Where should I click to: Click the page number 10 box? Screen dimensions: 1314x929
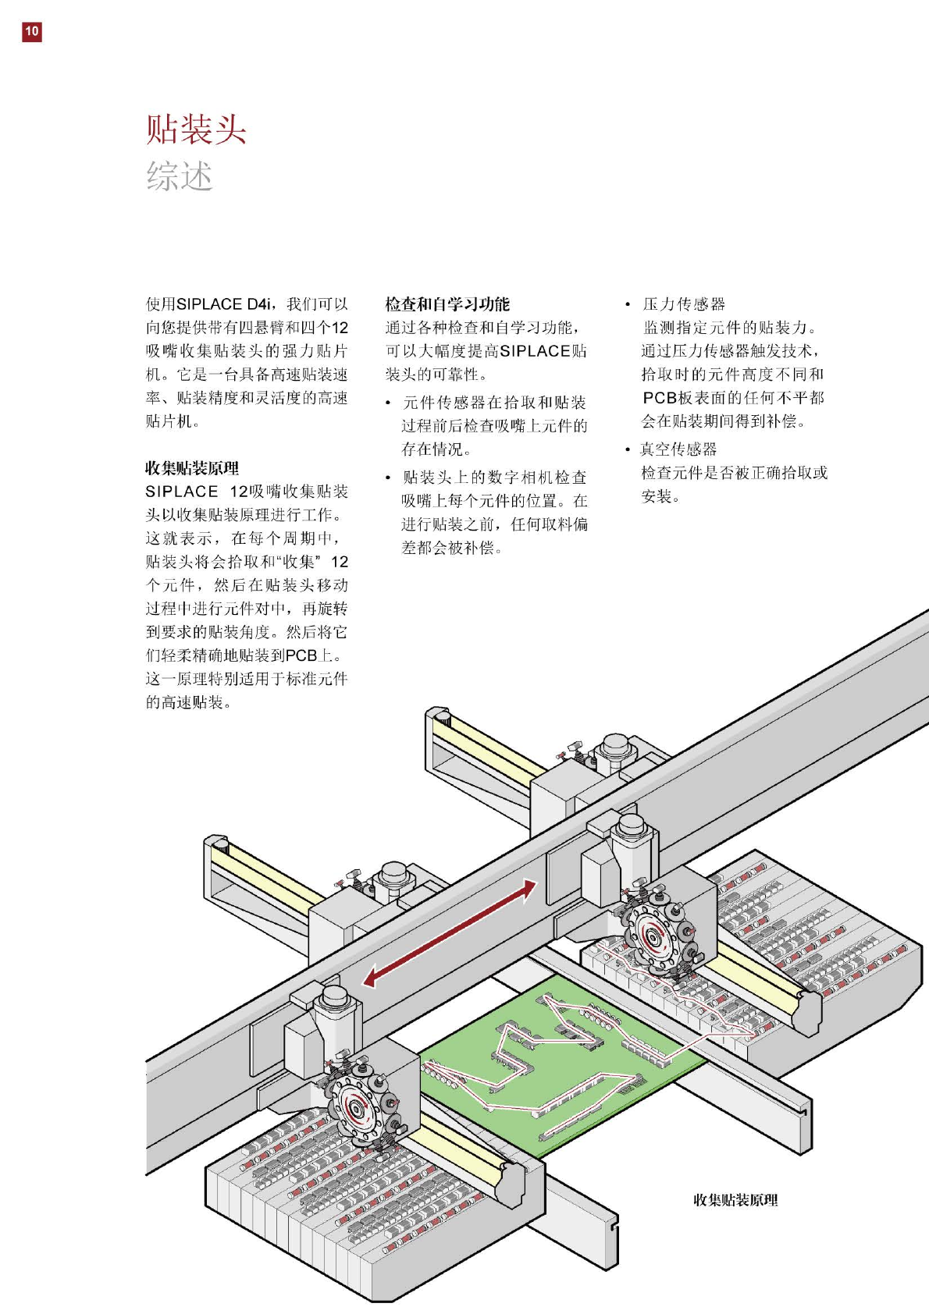click(x=31, y=31)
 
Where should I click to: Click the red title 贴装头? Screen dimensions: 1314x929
click(x=196, y=129)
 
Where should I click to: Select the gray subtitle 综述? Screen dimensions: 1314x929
click(x=180, y=176)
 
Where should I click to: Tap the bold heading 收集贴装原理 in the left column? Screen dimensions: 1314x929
click(x=192, y=468)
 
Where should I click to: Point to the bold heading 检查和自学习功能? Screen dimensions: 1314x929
click(x=447, y=304)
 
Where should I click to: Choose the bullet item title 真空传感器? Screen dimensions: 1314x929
click(x=678, y=449)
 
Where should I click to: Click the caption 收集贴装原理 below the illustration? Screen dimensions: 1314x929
click(x=735, y=1200)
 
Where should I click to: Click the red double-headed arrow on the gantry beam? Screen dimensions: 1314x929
click(x=450, y=932)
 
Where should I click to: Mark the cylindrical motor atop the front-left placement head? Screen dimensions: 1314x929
click(x=335, y=999)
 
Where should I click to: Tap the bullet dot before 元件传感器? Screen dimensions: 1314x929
click(x=388, y=403)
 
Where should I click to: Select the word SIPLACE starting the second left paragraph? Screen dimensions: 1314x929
click(x=182, y=492)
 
